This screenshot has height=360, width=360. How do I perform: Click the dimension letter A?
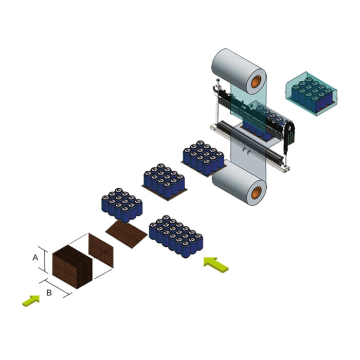[x=35, y=258]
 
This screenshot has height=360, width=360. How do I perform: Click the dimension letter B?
[x=49, y=293]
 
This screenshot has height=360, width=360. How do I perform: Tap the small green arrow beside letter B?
[x=31, y=300]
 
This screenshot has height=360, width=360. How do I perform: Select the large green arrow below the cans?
[x=216, y=264]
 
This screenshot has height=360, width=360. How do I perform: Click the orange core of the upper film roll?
[x=256, y=81]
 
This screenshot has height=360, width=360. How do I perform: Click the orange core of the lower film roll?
[x=256, y=192]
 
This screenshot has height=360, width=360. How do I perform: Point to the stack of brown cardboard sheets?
[x=73, y=267]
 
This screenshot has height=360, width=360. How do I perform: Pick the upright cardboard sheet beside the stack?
[x=101, y=250]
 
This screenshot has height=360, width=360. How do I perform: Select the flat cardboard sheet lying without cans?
[x=127, y=234]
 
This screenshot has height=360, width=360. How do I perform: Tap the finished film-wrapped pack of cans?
[x=312, y=94]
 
